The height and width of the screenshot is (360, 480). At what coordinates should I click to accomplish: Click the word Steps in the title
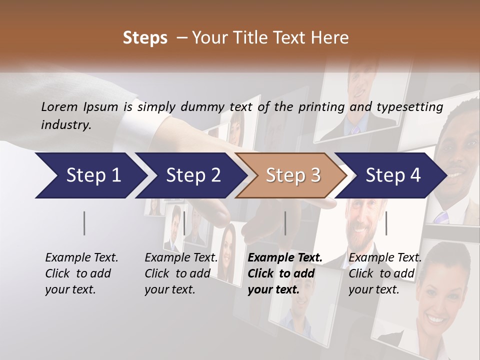tap(145, 38)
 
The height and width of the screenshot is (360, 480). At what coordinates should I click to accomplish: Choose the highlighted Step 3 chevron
tap(293, 175)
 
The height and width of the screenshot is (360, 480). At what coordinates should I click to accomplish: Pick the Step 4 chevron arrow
tap(393, 175)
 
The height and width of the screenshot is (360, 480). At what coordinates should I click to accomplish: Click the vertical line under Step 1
tap(84, 223)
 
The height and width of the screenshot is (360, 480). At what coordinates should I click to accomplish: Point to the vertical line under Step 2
tap(184, 223)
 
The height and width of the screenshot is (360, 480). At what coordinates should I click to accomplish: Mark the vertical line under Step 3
tap(285, 223)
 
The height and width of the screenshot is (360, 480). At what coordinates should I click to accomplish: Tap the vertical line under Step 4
tap(386, 223)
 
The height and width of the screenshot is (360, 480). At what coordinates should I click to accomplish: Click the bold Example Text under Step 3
tap(285, 258)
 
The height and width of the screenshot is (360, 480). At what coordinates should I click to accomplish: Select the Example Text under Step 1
tap(81, 258)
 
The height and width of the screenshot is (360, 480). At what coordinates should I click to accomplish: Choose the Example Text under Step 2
tap(181, 258)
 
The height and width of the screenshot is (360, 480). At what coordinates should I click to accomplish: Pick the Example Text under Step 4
tap(385, 258)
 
